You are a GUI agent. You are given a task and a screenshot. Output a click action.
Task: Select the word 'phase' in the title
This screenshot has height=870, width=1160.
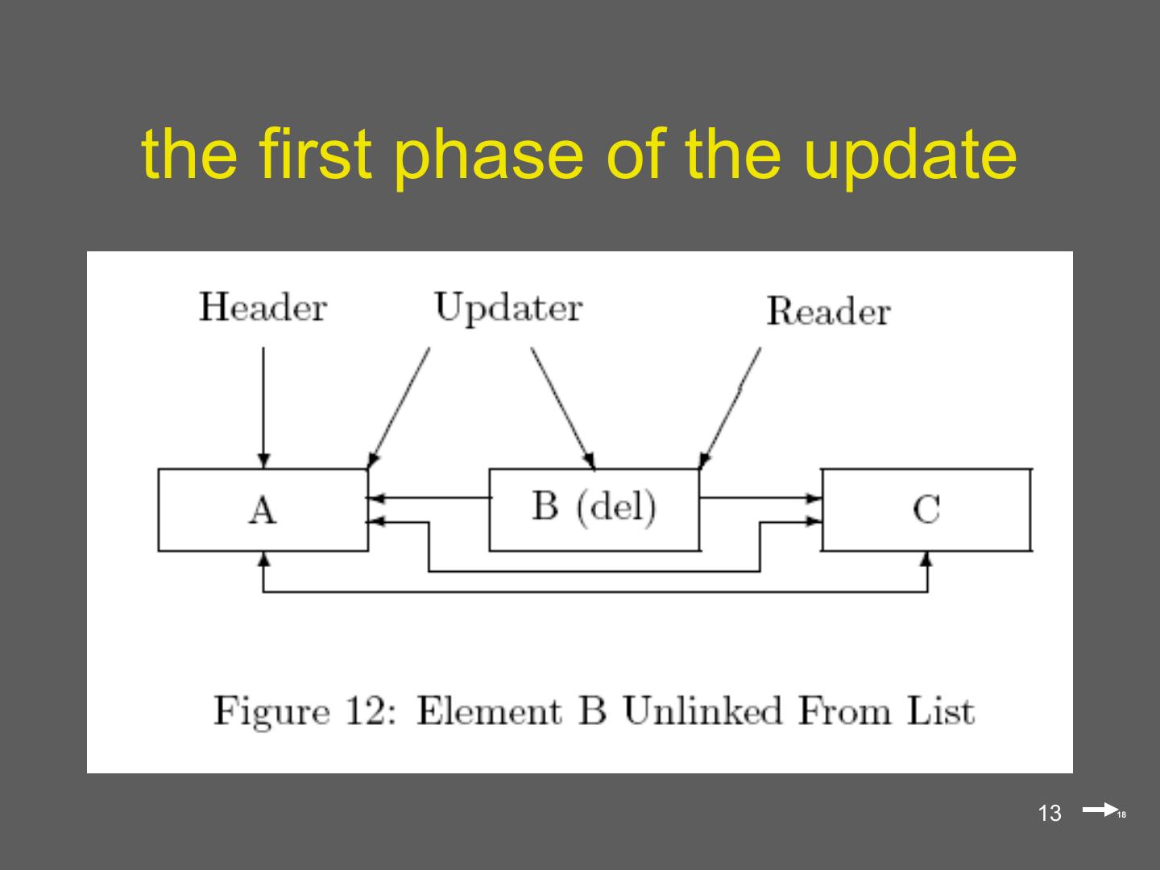[x=487, y=155]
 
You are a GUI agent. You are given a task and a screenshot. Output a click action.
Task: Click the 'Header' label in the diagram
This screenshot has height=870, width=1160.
[x=263, y=308]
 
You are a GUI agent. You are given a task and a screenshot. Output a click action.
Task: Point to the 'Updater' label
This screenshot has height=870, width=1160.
[x=507, y=308]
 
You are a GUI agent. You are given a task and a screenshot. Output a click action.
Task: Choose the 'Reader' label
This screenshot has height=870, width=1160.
[x=827, y=312]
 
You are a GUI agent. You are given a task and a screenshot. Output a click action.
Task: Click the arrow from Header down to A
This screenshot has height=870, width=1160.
[x=263, y=403]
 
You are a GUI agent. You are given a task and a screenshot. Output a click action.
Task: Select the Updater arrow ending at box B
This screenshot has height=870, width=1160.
[x=562, y=407]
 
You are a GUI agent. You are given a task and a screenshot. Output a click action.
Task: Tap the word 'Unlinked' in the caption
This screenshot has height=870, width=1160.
[x=702, y=712]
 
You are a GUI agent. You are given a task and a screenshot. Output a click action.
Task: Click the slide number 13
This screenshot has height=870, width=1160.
[x=1050, y=814]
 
